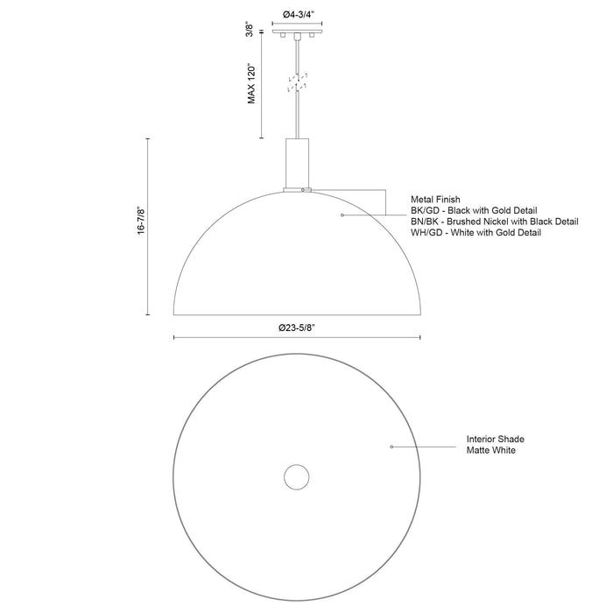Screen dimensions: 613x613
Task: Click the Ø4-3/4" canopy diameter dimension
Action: (x=298, y=14)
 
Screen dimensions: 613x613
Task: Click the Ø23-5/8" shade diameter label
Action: (x=297, y=327)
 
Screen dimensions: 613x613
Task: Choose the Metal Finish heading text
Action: (x=434, y=200)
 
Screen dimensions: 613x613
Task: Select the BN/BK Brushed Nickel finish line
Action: (x=494, y=222)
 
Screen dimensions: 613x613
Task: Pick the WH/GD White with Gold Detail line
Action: (x=476, y=234)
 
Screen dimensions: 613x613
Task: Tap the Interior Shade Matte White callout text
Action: (x=496, y=444)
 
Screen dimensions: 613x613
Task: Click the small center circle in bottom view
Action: (x=297, y=478)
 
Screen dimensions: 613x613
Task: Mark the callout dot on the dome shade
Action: (x=342, y=214)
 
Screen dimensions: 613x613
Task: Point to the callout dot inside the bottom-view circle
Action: (x=391, y=447)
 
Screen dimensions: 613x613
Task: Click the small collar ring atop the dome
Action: (x=297, y=189)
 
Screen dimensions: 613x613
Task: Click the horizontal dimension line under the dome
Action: (x=297, y=337)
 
